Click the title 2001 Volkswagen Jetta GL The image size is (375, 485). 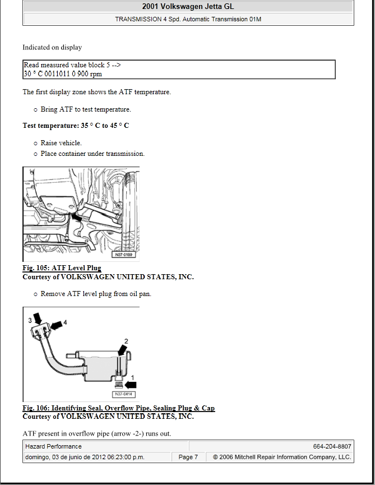[188, 7]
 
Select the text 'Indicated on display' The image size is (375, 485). [52, 48]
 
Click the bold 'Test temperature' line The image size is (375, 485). [76, 126]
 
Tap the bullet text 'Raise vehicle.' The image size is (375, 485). [61, 143]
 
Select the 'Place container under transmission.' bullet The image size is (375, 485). [92, 154]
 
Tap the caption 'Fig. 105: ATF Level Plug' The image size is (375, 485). [62, 268]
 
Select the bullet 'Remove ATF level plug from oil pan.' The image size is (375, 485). [96, 294]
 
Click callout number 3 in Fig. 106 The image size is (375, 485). [30, 320]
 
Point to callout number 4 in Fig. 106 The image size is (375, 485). [65, 322]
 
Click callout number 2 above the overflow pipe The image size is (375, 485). [126, 341]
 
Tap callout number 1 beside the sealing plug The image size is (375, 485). [133, 377]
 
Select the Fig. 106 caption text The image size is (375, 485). [118, 408]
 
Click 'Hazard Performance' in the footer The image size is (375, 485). [54, 446]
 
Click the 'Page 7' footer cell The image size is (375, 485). [188, 457]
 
